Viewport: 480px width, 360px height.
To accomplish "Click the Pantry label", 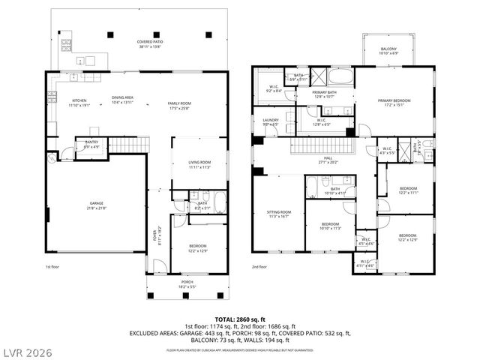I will [x=91, y=145].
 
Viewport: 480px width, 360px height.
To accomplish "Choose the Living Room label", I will [x=199, y=164].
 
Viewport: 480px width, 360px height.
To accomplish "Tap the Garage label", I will [x=97, y=205].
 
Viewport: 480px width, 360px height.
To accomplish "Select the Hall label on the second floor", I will [x=325, y=160].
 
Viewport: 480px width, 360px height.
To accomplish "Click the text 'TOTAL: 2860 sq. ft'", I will [x=239, y=319].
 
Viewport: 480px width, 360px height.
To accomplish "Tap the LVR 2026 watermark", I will [x=28, y=350].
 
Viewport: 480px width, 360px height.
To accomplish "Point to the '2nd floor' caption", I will [x=259, y=267].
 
